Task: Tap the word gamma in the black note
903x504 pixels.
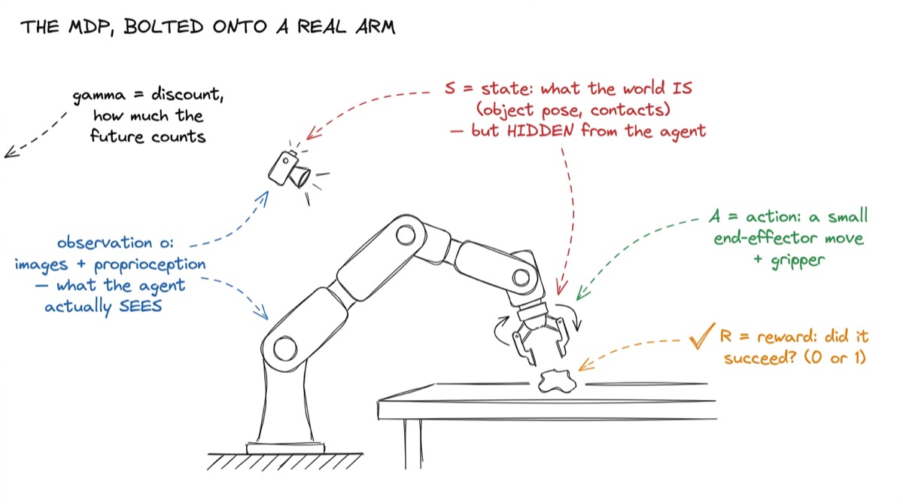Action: [99, 96]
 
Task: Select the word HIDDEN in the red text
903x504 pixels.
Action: [540, 131]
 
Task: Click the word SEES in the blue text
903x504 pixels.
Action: [141, 307]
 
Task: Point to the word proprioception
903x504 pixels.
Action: [150, 265]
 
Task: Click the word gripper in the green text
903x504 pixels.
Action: [798, 261]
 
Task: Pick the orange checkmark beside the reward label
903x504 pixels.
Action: [701, 335]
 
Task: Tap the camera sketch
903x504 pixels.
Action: [290, 170]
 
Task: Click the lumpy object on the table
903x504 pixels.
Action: [558, 381]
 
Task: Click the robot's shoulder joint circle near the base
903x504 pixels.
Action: [285, 348]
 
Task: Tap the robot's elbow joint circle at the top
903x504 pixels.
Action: [406, 235]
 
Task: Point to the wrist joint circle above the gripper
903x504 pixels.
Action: [521, 278]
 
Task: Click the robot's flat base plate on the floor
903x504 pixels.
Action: [285, 448]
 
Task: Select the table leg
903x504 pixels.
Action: [413, 444]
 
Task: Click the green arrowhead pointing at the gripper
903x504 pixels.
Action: [582, 293]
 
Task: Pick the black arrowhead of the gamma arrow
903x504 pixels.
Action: [11, 151]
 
